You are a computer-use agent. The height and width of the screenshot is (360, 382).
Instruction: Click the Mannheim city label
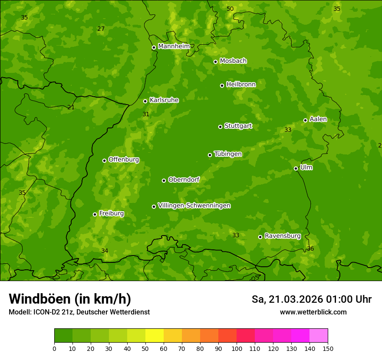pyautogui.click(x=174, y=46)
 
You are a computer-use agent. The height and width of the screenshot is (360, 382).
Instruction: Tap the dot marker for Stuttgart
pyautogui.click(x=220, y=127)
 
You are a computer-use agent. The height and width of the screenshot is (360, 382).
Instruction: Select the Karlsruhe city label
pyautogui.click(x=164, y=100)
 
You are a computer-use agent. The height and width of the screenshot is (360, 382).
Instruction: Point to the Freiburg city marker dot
pyautogui.click(x=95, y=214)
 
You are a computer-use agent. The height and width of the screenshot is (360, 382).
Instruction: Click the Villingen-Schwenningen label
pyautogui.click(x=194, y=206)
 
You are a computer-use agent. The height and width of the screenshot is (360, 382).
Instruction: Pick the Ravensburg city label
pyautogui.click(x=283, y=236)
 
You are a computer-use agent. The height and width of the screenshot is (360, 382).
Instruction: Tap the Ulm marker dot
pyautogui.click(x=296, y=168)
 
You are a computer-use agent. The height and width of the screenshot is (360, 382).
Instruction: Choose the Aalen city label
pyautogui.click(x=318, y=119)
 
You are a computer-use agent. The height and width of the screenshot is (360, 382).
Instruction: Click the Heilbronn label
pyautogui.click(x=241, y=85)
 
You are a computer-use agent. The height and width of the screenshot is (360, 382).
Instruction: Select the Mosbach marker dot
pyautogui.click(x=215, y=62)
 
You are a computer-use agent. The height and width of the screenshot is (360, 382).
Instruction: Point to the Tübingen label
pyautogui.click(x=228, y=154)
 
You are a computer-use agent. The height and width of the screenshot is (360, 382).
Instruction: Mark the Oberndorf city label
pyautogui.click(x=184, y=180)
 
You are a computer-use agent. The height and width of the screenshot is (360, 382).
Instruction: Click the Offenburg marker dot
pyautogui.click(x=104, y=160)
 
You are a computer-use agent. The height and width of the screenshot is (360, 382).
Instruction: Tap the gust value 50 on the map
pyautogui.click(x=230, y=9)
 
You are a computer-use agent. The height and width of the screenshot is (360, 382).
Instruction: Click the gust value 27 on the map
pyautogui.click(x=101, y=29)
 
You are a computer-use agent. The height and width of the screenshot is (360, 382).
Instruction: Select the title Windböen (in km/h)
pyautogui.click(x=70, y=299)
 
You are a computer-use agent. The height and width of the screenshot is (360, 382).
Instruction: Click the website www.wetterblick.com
pyautogui.click(x=313, y=312)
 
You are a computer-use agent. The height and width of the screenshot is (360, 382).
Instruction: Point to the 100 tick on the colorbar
pyautogui.click(x=237, y=348)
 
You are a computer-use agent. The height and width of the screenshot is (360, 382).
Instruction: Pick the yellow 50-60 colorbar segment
pyautogui.click(x=155, y=336)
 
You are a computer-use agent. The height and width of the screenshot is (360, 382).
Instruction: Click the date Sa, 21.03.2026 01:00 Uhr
pyautogui.click(x=311, y=299)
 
